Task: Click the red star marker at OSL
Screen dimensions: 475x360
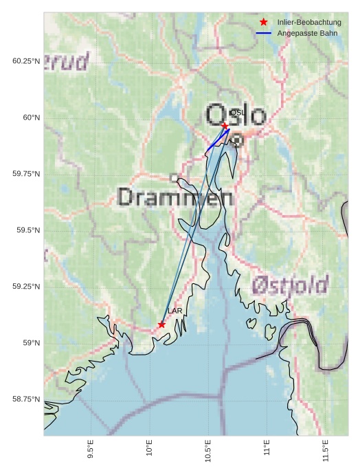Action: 225,125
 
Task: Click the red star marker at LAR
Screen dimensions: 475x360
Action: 161,324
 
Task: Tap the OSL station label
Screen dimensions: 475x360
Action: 236,112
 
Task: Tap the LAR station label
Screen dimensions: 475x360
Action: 175,311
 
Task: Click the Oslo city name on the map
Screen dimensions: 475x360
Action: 235,115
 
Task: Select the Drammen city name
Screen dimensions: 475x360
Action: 175,197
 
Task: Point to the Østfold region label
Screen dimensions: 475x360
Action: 289,284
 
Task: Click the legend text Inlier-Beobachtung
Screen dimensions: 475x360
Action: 309,23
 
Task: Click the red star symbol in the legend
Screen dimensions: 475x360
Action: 264,23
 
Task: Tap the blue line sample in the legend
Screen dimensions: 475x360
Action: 264,33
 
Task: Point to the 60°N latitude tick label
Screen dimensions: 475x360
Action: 27,118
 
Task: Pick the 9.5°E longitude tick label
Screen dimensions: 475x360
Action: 91,451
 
